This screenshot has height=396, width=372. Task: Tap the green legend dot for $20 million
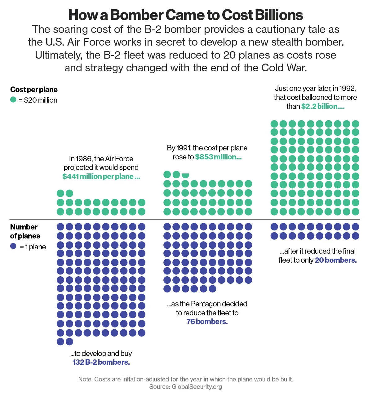pyautogui.click(x=13, y=100)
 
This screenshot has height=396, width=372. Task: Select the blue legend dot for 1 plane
pyautogui.click(x=13, y=246)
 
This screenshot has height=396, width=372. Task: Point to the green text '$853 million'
pyautogui.click(x=218, y=157)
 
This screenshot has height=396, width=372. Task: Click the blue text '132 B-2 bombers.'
pyautogui.click(x=101, y=362)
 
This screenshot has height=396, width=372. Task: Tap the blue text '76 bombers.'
pyautogui.click(x=207, y=322)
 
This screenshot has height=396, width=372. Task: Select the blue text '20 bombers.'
pyautogui.click(x=336, y=260)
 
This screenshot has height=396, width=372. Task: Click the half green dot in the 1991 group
pyautogui.click(x=185, y=175)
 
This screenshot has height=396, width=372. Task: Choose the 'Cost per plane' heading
pyautogui.click(x=34, y=90)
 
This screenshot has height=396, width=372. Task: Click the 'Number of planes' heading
pyautogui.click(x=25, y=231)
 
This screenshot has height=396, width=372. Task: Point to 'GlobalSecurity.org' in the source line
pyautogui.click(x=197, y=387)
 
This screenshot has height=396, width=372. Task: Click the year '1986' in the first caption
pyautogui.click(x=84, y=159)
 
